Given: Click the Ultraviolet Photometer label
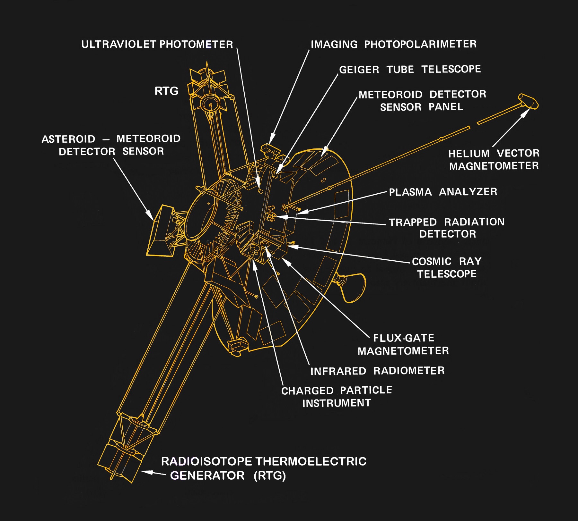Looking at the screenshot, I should point(157,44).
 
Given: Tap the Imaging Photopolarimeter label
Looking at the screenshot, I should point(393,44).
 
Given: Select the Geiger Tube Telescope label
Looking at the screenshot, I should point(410,69).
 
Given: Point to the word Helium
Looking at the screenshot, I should point(469,154).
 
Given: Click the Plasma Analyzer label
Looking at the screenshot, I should point(443,192).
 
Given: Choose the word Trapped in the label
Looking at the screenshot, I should point(413,222).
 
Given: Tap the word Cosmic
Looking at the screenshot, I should point(432,261).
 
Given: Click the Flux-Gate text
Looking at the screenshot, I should point(403,338).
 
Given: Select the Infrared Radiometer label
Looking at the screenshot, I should point(377,371).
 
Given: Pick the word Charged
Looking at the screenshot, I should point(307,391).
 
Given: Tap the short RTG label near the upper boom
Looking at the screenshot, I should point(166,91).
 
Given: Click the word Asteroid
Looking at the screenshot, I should point(68,139).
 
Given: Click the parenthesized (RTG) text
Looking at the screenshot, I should point(269,475).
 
